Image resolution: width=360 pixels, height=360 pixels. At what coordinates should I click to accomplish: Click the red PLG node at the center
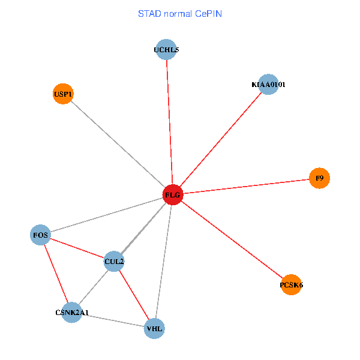[172, 195]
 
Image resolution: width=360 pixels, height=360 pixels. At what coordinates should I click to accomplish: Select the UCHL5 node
[166, 50]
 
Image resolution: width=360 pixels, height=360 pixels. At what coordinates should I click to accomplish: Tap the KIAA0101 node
[268, 85]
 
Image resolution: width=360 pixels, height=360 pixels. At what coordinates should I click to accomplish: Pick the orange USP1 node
[63, 94]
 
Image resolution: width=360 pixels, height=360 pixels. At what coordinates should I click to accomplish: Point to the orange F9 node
[319, 178]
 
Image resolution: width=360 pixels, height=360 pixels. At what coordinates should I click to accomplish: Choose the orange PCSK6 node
[291, 285]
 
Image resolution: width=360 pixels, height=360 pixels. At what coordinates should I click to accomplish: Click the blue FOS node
[41, 234]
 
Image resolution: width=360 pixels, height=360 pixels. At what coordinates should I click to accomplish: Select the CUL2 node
[114, 261]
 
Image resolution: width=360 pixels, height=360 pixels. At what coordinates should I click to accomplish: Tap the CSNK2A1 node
[72, 313]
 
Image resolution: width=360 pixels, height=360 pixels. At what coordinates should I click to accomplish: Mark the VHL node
[154, 329]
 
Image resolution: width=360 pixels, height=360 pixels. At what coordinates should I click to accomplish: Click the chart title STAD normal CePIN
[180, 13]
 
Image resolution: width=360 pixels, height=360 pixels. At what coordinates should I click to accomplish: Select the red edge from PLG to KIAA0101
[220, 140]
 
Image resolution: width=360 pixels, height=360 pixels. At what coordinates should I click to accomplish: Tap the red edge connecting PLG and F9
[246, 187]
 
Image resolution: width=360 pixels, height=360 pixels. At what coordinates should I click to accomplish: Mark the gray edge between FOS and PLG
[107, 214]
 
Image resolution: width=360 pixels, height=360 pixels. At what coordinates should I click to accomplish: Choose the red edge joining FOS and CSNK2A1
[56, 274]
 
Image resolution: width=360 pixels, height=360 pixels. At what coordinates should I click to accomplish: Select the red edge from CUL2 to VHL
[134, 295]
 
